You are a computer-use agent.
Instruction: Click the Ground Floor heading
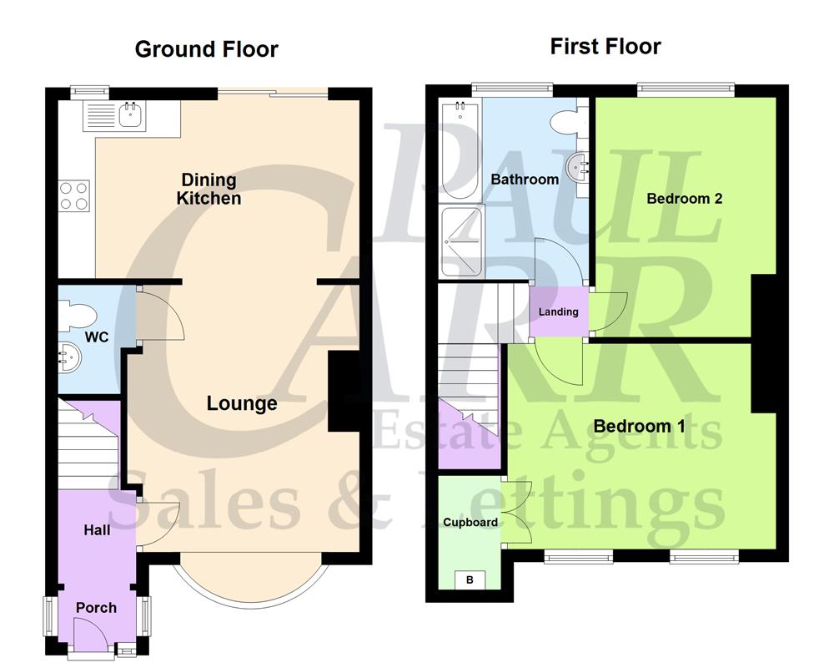pyautogui.click(x=206, y=49)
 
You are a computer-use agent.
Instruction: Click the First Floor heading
pyautogui.click(x=605, y=47)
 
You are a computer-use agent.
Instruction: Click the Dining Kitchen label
pyautogui.click(x=210, y=189)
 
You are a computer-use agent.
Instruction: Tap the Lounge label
pyautogui.click(x=242, y=404)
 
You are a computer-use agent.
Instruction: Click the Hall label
pyautogui.click(x=97, y=529)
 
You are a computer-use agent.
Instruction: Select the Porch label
pyautogui.click(x=97, y=607)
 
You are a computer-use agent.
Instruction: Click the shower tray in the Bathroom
pyautogui.click(x=460, y=240)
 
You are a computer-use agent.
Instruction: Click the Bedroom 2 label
pyautogui.click(x=684, y=199)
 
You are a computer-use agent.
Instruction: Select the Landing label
pyautogui.click(x=558, y=311)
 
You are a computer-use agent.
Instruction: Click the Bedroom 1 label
pyautogui.click(x=639, y=426)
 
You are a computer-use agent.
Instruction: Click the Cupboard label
pyautogui.click(x=470, y=523)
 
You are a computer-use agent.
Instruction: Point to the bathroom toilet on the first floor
pyautogui.click(x=565, y=124)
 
